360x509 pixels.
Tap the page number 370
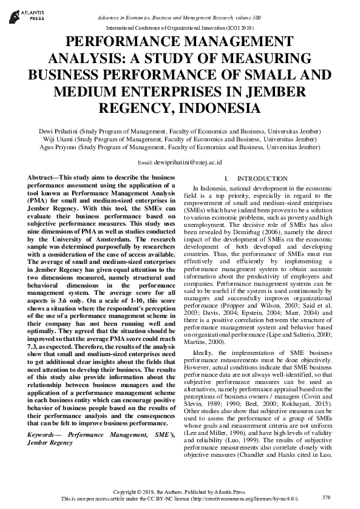point(326,497)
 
